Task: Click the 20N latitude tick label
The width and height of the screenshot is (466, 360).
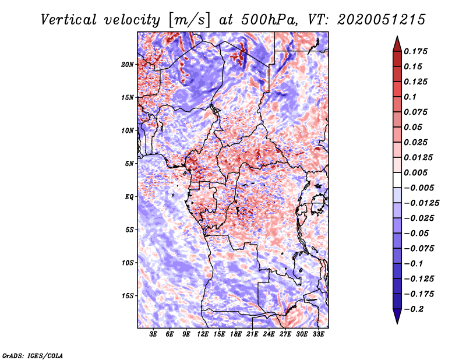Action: (128, 64)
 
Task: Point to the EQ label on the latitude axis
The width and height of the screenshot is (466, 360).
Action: (129, 197)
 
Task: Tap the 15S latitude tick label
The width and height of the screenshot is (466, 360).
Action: (128, 296)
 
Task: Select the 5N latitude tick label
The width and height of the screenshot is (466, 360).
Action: (129, 164)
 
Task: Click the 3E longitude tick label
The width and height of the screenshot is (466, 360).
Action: (153, 335)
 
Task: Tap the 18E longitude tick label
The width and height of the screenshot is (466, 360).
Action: (235, 335)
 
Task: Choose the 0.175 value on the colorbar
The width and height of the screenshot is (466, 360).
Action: (416, 52)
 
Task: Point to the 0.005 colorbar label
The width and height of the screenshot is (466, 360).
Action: (416, 173)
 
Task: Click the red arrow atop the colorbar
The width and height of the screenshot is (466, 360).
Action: (396, 43)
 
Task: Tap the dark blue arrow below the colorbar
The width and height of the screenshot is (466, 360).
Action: (396, 317)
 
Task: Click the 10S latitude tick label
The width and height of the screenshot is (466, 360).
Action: (128, 263)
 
